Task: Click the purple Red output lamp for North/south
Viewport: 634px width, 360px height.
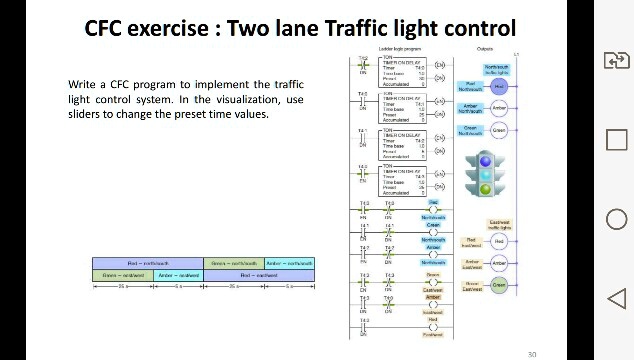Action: pyautogui.click(x=499, y=86)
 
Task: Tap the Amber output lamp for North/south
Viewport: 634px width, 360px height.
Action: pyautogui.click(x=499, y=108)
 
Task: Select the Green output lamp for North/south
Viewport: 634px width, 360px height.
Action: pyautogui.click(x=499, y=130)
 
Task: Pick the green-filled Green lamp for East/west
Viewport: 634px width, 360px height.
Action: pyautogui.click(x=499, y=285)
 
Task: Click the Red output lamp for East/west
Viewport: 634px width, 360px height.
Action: pyautogui.click(x=499, y=241)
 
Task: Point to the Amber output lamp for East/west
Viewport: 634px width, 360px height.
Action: pyautogui.click(x=499, y=263)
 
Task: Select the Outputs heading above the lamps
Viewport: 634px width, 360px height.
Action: pyautogui.click(x=485, y=48)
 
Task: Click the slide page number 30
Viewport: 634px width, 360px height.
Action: pyautogui.click(x=532, y=353)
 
